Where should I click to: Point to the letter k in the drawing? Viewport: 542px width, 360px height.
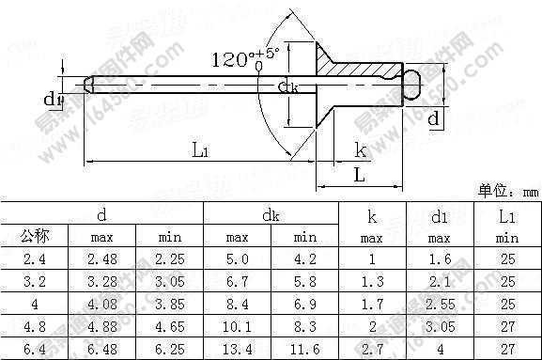tap(360, 149)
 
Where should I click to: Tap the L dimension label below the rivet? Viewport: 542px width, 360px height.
tap(360, 175)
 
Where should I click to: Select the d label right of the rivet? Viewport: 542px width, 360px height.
tap(433, 119)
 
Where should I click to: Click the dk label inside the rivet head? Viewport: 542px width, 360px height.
tap(289, 87)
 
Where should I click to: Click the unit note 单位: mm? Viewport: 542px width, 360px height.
tap(509, 191)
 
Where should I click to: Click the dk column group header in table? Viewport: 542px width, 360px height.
tap(271, 215)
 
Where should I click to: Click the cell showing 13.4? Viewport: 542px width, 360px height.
tap(237, 349)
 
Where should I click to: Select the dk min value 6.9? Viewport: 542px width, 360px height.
tap(305, 305)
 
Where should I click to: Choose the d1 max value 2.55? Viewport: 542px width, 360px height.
tap(438, 305)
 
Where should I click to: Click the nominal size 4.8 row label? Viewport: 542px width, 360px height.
tap(35, 326)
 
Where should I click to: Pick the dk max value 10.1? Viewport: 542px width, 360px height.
tap(237, 326)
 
